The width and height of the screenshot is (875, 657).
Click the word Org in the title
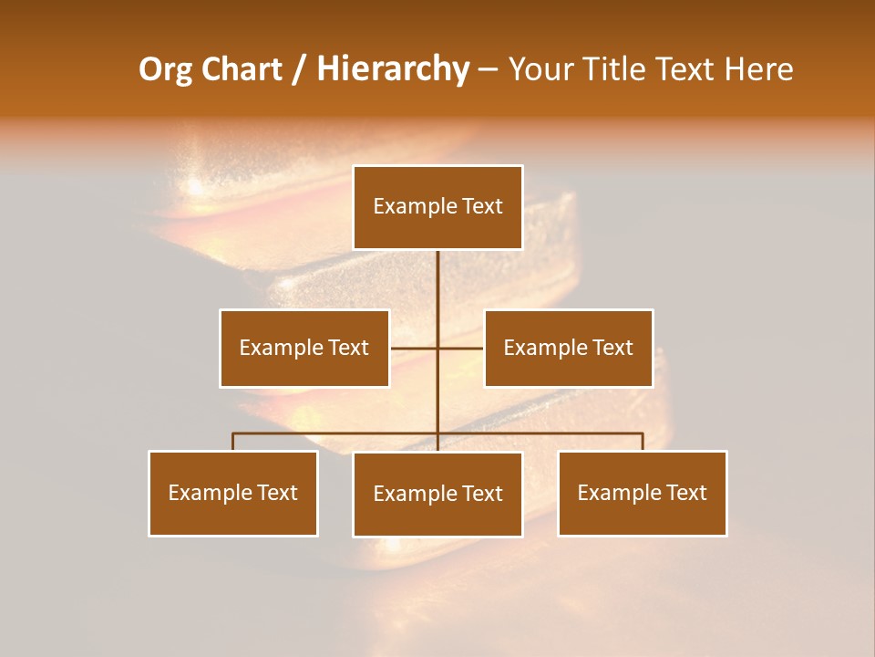click(165, 69)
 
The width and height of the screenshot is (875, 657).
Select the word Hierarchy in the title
click(392, 69)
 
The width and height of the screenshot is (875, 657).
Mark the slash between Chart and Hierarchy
click(299, 69)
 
